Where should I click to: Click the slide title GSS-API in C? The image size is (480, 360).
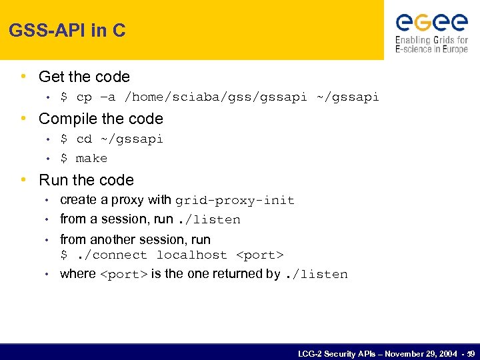(x=67, y=31)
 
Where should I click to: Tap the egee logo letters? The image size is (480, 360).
(x=431, y=23)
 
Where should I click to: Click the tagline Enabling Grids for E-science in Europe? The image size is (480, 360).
(x=431, y=45)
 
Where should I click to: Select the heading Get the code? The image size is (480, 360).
(x=84, y=77)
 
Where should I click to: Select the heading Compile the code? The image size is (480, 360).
(x=101, y=119)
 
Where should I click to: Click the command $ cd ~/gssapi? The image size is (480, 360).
(x=111, y=139)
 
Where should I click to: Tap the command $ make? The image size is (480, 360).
(x=83, y=159)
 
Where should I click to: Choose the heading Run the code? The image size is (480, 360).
(x=86, y=180)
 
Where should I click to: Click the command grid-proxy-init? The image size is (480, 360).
(x=235, y=201)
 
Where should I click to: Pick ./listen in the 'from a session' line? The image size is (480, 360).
(x=208, y=220)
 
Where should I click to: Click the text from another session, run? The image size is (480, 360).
(x=135, y=239)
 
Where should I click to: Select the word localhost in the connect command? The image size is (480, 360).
(x=191, y=255)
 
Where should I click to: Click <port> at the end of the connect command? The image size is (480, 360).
(x=260, y=255)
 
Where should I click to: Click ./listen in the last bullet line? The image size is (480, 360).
(x=316, y=275)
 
